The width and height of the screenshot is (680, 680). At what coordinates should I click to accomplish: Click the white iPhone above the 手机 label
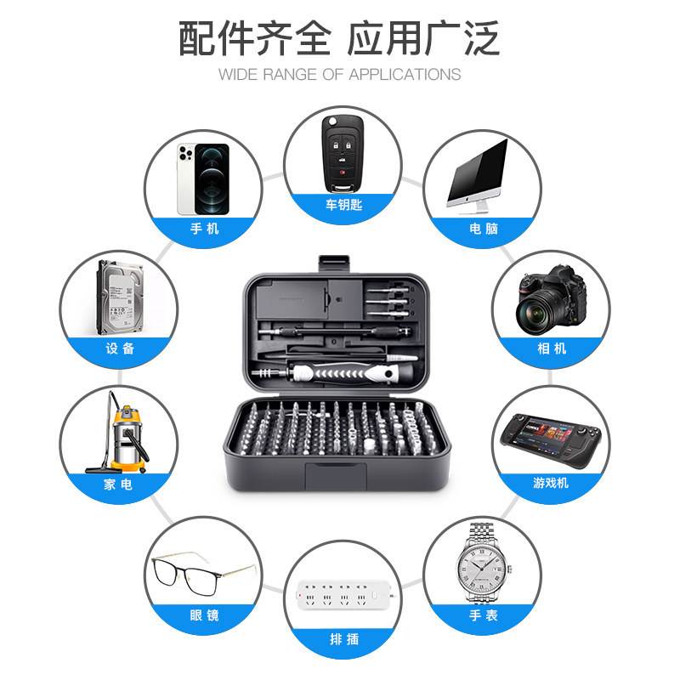click(x=203, y=178)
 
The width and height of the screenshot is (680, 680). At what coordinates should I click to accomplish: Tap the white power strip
click(x=341, y=593)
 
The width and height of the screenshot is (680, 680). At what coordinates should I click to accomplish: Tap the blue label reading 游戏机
click(x=551, y=483)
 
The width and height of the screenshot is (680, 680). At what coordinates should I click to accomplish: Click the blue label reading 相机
click(x=552, y=348)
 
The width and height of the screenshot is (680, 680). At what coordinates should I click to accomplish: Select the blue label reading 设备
click(x=120, y=348)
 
